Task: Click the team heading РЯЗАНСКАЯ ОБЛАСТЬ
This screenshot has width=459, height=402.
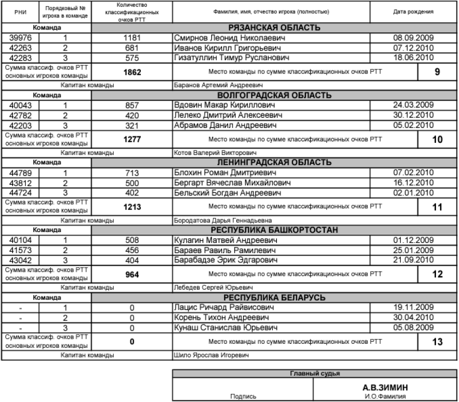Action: point(275,28)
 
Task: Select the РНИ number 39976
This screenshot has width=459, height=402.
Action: point(19,38)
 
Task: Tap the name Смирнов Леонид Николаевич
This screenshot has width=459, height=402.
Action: point(229,38)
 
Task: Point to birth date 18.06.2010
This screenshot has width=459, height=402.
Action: point(413,57)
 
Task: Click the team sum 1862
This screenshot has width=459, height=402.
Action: point(132,72)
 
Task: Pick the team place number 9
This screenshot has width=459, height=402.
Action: point(437,72)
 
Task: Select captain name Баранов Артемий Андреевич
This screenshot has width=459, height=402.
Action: point(211,85)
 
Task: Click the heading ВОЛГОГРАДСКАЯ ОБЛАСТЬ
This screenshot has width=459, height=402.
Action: point(275,95)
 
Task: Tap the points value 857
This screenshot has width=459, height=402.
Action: point(132,105)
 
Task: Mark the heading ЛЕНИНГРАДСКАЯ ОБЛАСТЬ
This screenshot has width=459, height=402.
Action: point(275,162)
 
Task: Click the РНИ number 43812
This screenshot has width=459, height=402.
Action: point(19,182)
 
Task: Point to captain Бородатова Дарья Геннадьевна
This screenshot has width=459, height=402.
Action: point(216,220)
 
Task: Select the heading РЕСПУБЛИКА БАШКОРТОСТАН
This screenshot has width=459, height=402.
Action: point(275,230)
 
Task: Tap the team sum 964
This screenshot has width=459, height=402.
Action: point(132,274)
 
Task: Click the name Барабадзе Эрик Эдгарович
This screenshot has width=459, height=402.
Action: point(226,260)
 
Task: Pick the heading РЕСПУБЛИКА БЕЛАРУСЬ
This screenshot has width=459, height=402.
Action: point(275,297)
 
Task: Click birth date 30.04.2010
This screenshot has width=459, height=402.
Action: point(413,317)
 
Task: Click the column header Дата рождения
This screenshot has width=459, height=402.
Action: point(414,11)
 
